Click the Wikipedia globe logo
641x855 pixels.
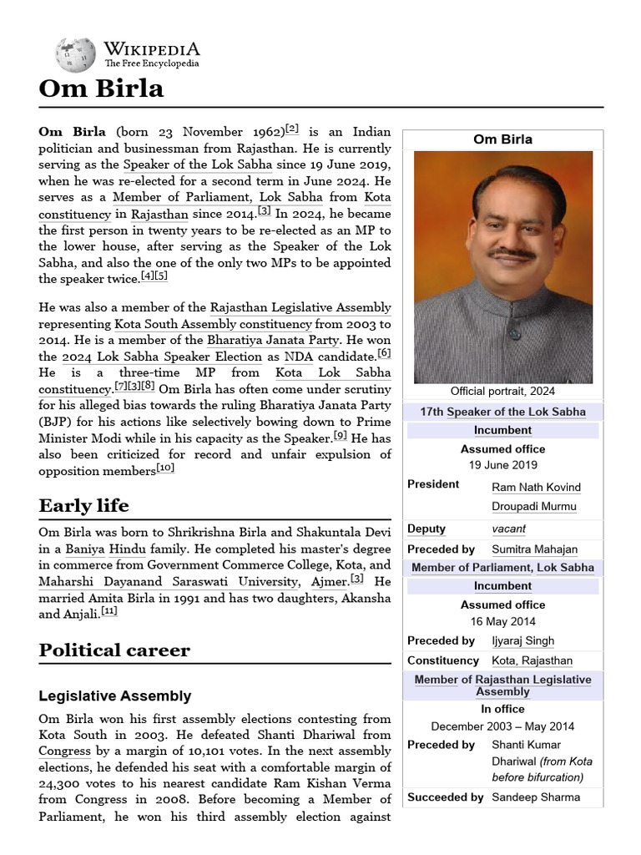click(75, 54)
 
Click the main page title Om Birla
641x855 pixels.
click(101, 89)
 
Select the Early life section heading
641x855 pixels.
click(83, 506)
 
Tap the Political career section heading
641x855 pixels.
click(114, 650)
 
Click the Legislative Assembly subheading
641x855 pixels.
click(115, 696)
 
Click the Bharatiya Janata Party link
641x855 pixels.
click(273, 340)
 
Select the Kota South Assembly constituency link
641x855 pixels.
click(213, 324)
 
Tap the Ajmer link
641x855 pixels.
click(329, 582)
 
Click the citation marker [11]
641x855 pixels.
click(109, 612)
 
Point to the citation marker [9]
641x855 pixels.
click(340, 435)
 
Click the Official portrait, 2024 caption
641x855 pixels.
click(502, 391)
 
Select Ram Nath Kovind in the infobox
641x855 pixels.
click(536, 487)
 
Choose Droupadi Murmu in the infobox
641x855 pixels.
click(534, 506)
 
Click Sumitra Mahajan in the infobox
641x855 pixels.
click(534, 549)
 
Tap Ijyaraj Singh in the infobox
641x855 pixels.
click(522, 641)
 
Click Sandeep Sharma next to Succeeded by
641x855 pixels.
click(535, 797)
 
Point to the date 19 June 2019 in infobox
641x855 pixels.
click(502, 465)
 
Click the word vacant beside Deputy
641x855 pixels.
click(508, 529)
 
